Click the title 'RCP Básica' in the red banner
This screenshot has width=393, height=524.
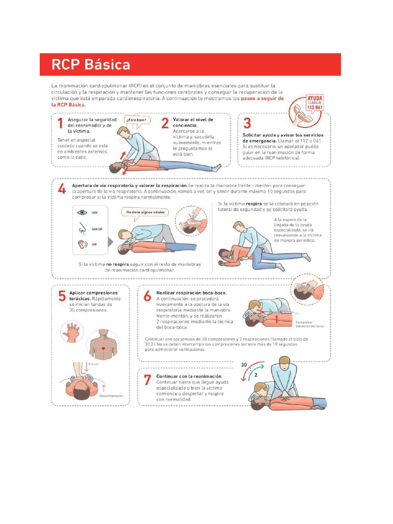(91, 65)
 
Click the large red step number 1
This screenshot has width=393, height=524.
(60, 123)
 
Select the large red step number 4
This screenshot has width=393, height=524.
(61, 189)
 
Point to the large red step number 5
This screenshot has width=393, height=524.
(61, 296)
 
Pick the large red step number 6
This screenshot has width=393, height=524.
(147, 296)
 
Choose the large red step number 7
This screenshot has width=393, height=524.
(147, 380)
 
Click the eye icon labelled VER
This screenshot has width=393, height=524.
(82, 213)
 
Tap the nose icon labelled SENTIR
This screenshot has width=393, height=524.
(82, 229)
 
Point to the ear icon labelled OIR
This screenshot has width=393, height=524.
(82, 245)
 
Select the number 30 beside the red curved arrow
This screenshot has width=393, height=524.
(245, 366)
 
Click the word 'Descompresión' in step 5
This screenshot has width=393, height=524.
(112, 396)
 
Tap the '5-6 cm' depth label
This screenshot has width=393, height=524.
(93, 364)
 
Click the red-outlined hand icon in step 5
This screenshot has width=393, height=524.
(72, 332)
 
